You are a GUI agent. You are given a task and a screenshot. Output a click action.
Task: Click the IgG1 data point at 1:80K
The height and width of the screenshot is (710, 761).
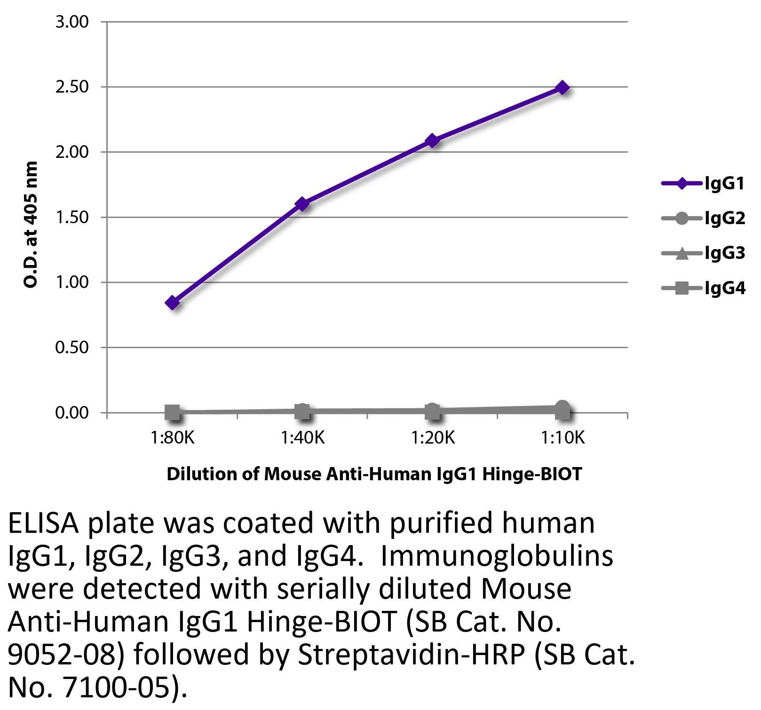(172, 302)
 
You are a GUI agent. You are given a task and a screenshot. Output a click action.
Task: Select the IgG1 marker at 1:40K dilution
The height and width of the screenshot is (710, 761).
(302, 203)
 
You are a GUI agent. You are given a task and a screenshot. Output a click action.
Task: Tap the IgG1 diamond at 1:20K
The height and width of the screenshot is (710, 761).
(432, 140)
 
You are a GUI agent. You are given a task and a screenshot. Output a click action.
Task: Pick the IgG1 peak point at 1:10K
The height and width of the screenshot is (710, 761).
(562, 87)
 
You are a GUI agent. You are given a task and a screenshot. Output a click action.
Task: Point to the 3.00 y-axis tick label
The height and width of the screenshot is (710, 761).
(72, 22)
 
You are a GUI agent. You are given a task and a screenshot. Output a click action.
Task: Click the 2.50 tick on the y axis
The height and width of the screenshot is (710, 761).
(72, 87)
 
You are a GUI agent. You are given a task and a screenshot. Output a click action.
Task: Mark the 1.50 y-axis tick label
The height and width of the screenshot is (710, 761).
(72, 218)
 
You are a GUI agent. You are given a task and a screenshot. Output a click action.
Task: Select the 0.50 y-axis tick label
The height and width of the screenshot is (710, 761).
(72, 348)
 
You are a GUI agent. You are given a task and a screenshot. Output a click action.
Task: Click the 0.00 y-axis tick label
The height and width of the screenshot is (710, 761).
(72, 413)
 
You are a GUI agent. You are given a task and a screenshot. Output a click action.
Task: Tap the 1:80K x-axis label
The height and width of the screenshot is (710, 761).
(172, 438)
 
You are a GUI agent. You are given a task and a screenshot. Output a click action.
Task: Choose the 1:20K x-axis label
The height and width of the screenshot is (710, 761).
(432, 438)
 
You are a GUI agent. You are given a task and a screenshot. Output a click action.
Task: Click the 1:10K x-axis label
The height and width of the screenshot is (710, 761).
(562, 438)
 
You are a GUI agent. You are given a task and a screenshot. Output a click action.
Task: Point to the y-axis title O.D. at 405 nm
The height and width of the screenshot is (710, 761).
(31, 225)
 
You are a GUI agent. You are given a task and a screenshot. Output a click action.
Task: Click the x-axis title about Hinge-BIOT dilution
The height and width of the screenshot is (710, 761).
(374, 474)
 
